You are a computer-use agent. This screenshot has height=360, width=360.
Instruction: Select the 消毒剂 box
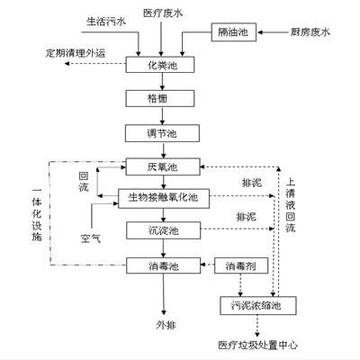[x=238, y=265]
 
